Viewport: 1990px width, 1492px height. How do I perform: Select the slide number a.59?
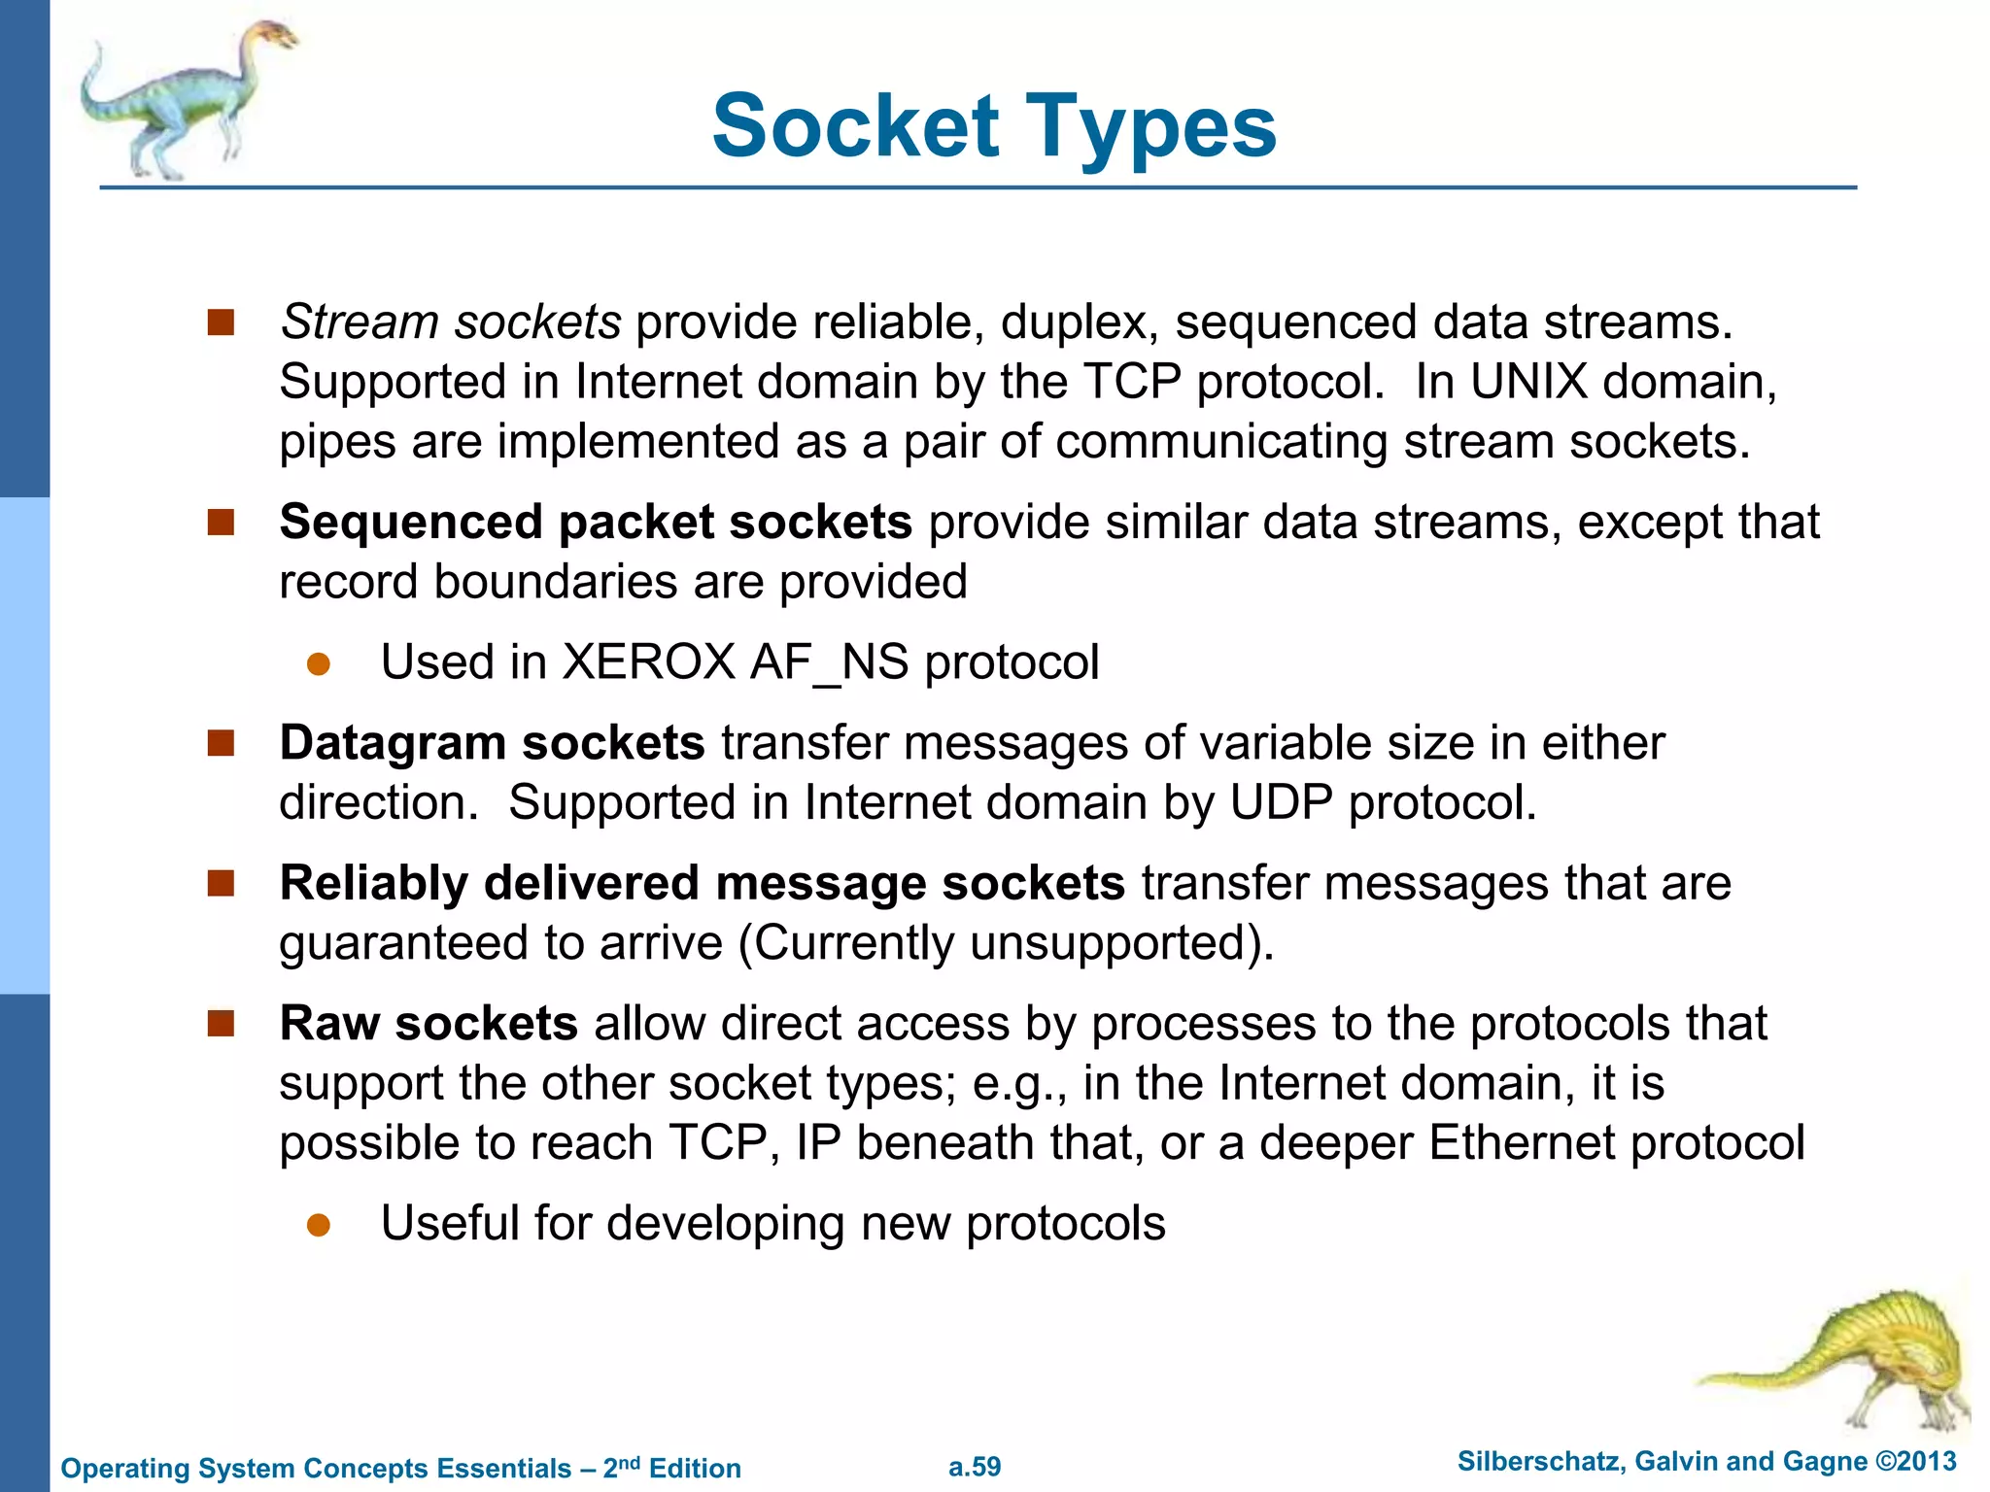coord(975,1467)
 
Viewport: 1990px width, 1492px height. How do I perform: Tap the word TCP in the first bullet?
coord(1131,382)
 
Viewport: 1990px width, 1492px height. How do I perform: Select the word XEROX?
coord(649,662)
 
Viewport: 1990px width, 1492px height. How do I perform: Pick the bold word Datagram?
coord(394,743)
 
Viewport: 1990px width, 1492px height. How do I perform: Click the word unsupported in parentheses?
coord(1108,943)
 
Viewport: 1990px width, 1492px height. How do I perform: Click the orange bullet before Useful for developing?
coord(319,1225)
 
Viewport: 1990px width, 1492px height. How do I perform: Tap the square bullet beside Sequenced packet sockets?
coord(222,523)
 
